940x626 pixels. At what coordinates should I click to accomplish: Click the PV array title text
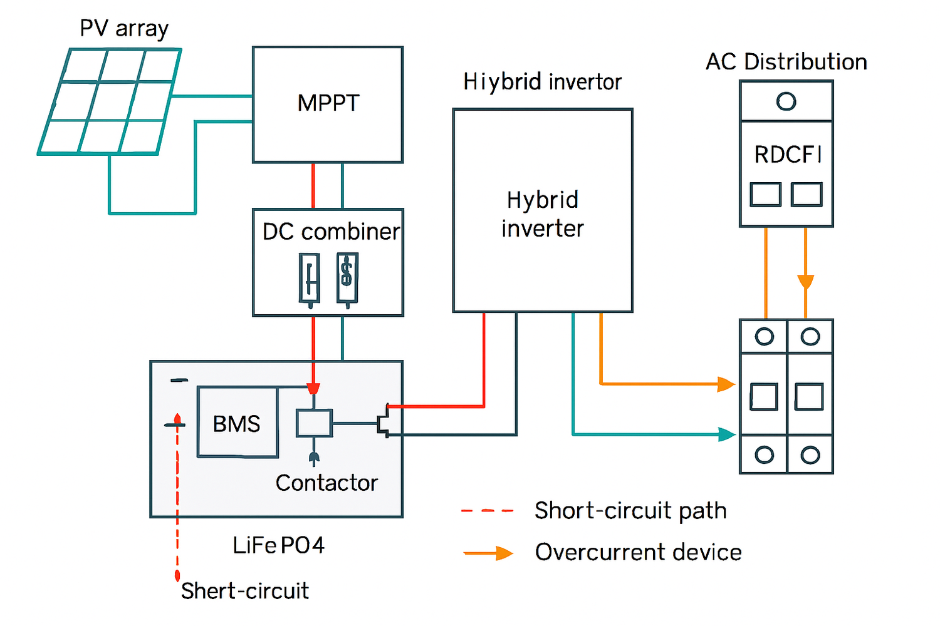[x=124, y=29]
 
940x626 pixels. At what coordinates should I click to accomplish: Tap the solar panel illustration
[x=110, y=101]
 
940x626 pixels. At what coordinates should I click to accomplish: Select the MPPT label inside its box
[x=328, y=103]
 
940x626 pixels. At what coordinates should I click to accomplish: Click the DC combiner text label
[x=330, y=232]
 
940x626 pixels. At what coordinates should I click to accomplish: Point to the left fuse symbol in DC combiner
[x=309, y=279]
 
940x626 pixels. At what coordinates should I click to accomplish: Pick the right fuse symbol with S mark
[x=347, y=277]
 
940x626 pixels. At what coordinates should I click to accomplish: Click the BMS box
[x=237, y=423]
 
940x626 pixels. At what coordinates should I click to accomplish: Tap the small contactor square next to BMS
[x=314, y=423]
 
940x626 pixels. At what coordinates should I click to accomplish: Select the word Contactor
[x=326, y=483]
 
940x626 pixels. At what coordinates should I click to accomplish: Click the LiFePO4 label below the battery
[x=278, y=545]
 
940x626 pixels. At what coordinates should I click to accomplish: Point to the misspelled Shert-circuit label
[x=244, y=590]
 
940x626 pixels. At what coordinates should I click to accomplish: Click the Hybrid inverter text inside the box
[x=542, y=214]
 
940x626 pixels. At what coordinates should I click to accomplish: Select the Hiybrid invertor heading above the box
[x=542, y=82]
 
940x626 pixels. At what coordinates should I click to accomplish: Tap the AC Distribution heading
[x=786, y=62]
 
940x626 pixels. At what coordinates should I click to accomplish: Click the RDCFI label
[x=787, y=155]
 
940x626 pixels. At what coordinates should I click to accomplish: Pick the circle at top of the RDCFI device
[x=786, y=101]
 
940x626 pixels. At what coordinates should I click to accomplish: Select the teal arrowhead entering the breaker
[x=727, y=434]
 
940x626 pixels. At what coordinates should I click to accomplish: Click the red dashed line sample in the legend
[x=487, y=511]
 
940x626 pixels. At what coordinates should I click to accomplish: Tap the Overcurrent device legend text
[x=638, y=552]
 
